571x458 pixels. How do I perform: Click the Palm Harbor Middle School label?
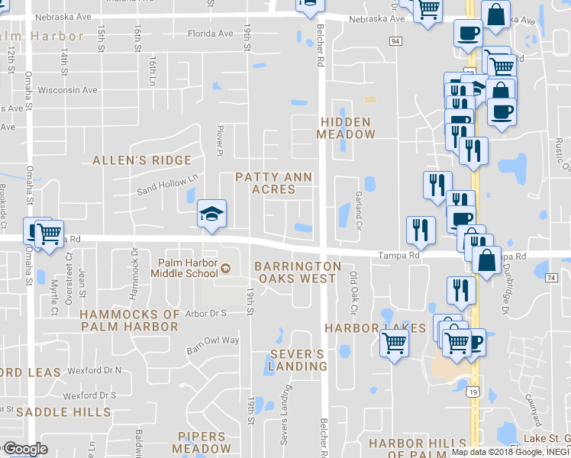tap(184, 268)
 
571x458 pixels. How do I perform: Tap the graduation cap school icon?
tap(211, 213)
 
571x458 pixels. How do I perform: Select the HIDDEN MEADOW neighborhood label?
tap(346, 128)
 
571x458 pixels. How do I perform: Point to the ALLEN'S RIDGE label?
tap(142, 160)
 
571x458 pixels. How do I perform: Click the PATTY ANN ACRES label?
tap(273, 183)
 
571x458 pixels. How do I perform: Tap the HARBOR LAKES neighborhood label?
tap(375, 328)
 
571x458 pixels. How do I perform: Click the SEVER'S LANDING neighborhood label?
tap(297, 360)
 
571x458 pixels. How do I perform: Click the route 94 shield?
tap(395, 40)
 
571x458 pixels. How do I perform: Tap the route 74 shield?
tap(550, 279)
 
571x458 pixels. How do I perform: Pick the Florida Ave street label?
tap(211, 34)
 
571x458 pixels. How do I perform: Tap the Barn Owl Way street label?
tap(214, 341)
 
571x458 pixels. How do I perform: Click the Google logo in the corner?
tap(25, 449)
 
